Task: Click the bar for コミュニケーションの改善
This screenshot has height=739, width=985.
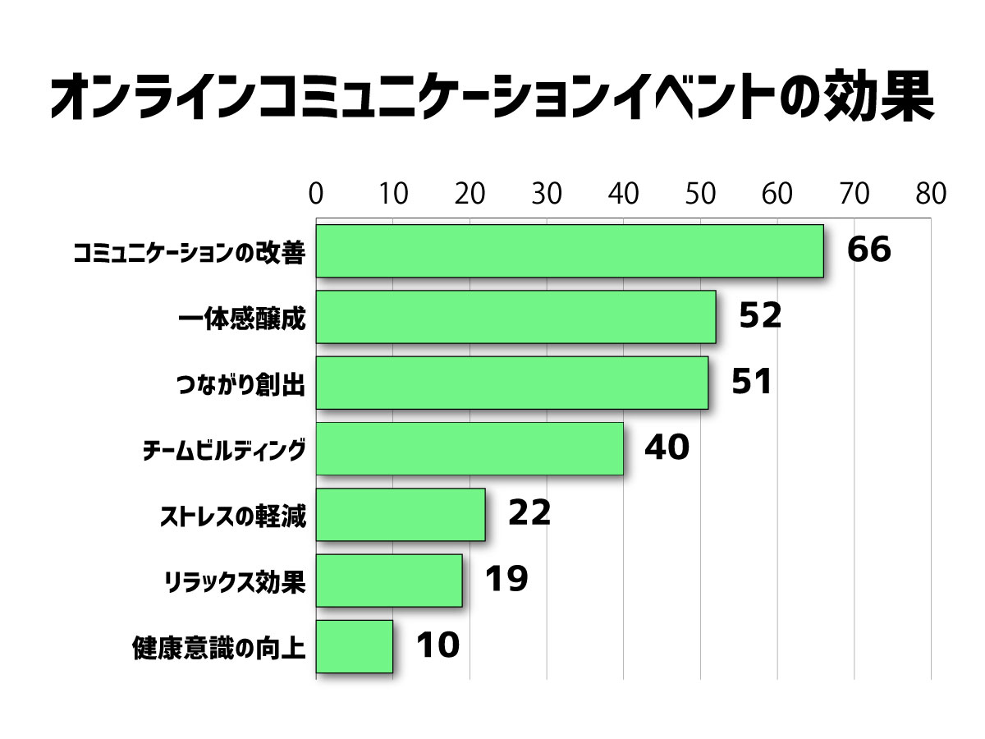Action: point(570,250)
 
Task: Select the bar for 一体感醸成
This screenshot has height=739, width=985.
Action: point(515,317)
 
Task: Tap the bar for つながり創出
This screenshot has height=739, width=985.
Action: point(512,383)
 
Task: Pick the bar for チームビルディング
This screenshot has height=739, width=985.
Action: point(470,448)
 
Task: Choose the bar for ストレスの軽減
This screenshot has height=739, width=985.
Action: point(401,514)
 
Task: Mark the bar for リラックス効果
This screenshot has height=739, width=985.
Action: point(389,580)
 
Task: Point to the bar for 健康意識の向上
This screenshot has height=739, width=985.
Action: point(354,645)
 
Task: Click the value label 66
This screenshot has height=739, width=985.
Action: point(868,250)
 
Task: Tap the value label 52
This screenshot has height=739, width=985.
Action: point(760,317)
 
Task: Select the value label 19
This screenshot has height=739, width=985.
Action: point(506,580)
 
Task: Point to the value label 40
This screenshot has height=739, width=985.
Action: point(667,448)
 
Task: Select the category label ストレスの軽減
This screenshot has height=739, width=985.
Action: point(232,518)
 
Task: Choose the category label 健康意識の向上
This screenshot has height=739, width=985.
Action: point(219,649)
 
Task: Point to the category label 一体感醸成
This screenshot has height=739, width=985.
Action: point(242,319)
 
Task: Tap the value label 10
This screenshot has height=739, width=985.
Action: point(437,645)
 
